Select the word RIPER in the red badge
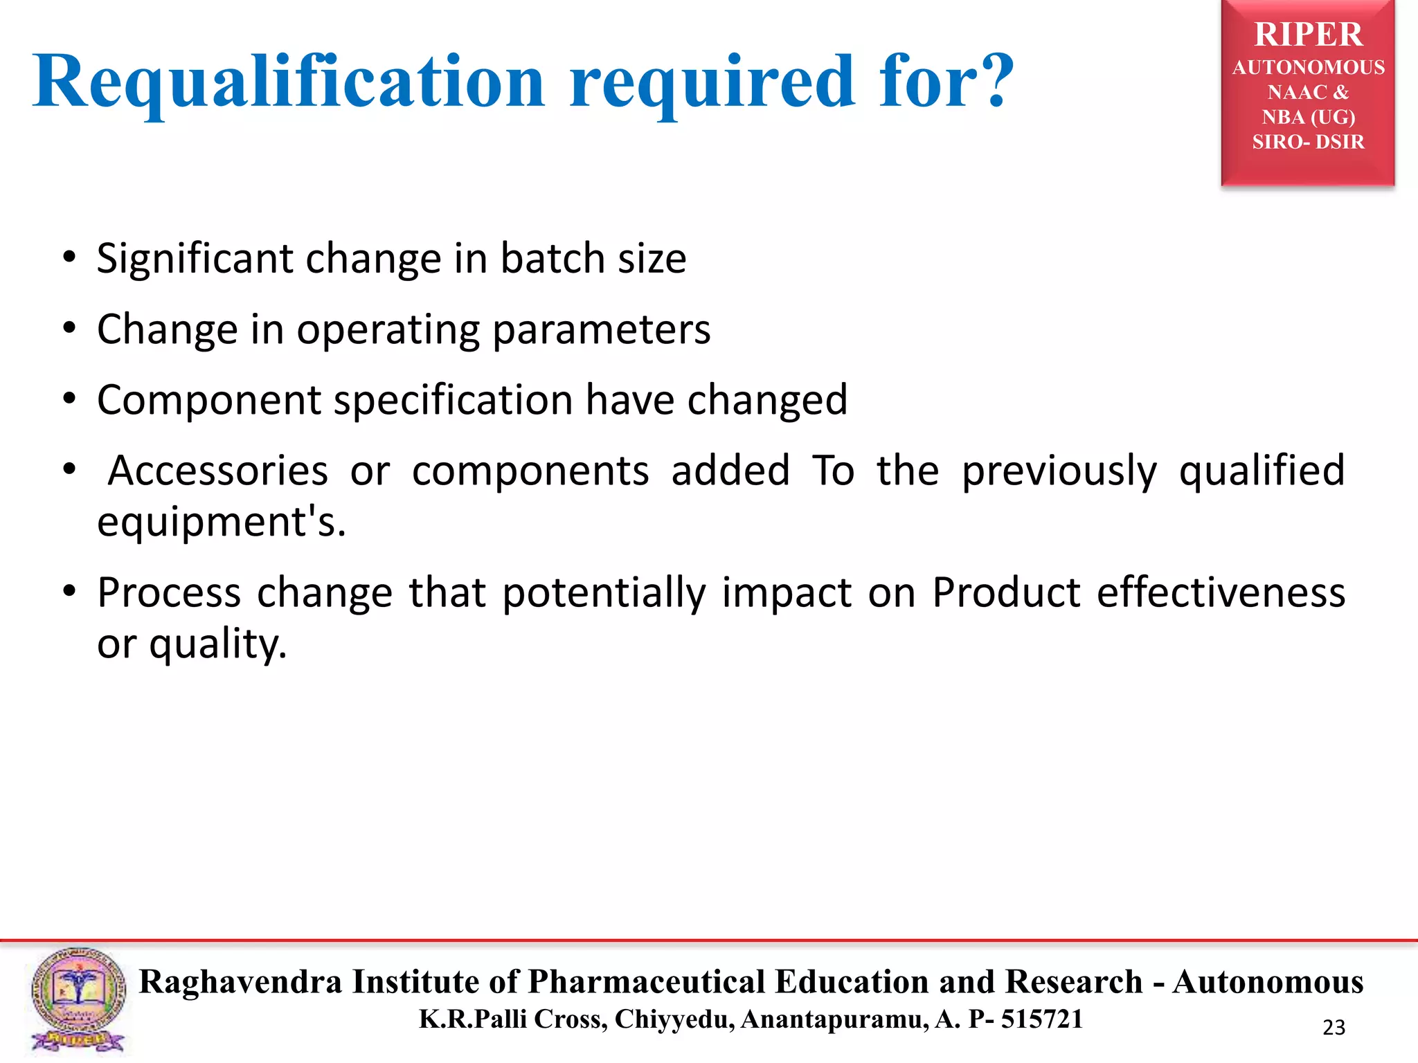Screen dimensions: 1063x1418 click(1308, 35)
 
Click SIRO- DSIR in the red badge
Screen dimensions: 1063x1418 click(1308, 142)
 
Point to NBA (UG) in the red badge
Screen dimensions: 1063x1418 click(1308, 117)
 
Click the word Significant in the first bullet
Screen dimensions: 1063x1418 click(195, 259)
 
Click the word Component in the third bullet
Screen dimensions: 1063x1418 click(209, 400)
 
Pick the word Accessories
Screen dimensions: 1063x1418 click(218, 471)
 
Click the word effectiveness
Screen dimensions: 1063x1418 click(1221, 593)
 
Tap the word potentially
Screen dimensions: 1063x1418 click(604, 593)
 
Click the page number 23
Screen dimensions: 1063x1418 click(1334, 1028)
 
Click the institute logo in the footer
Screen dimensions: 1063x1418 click(78, 1000)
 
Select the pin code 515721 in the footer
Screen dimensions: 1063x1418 click(1042, 1019)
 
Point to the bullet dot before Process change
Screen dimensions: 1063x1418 click(69, 592)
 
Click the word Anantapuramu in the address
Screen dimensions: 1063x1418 click(834, 1019)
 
